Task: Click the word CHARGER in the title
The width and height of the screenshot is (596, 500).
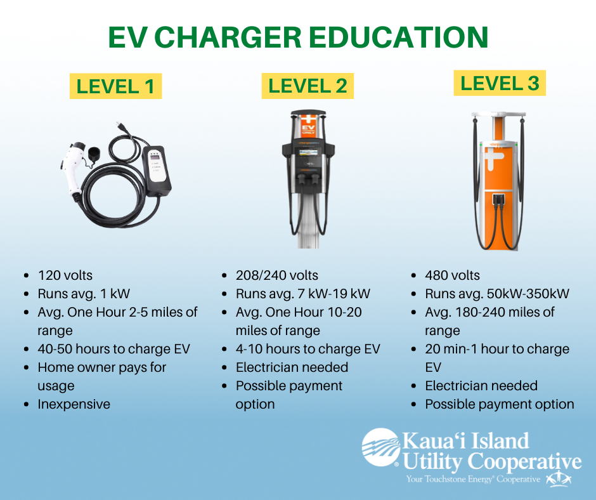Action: pos(228,37)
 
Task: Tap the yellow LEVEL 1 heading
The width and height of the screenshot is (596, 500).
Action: pos(115,86)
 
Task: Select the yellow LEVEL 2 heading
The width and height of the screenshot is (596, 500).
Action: pos(308,86)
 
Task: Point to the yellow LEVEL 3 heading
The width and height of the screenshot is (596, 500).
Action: pos(500,83)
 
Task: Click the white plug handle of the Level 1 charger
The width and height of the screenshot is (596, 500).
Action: pos(71,168)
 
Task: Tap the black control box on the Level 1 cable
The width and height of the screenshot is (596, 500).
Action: pos(157,171)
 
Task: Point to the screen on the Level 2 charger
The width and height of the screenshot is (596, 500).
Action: pos(308,154)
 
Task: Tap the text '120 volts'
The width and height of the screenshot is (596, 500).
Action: pos(65,275)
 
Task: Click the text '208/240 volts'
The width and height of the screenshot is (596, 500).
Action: pos(276,275)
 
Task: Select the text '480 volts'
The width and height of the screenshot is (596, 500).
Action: pos(452,275)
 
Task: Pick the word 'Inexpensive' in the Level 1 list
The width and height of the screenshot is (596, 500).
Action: pos(74,404)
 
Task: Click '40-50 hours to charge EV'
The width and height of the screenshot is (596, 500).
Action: pos(113,349)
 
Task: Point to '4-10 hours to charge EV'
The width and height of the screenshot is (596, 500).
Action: pos(308,349)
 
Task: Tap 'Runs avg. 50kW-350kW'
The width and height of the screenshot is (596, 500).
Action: pos(497,294)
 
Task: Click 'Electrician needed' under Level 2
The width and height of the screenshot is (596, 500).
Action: pos(292,367)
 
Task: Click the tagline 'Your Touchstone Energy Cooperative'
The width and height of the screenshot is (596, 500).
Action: pos(473,479)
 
